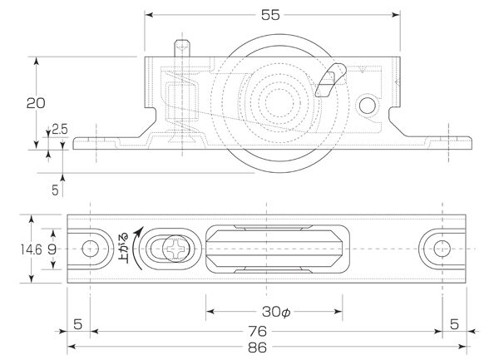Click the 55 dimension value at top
pyautogui.click(x=270, y=15)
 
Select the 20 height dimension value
pyautogui.click(x=36, y=103)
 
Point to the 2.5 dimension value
pyautogui.click(x=60, y=130)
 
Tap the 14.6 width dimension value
pyautogui.click(x=32, y=249)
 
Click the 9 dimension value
pyautogui.click(x=52, y=249)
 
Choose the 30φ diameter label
pyautogui.click(x=276, y=312)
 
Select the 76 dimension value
pyautogui.click(x=258, y=332)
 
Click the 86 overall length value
pyautogui.click(x=257, y=348)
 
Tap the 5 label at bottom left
pyautogui.click(x=77, y=324)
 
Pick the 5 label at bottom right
pyautogui.click(x=454, y=324)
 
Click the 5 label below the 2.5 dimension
pyautogui.click(x=55, y=190)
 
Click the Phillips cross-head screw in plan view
pyautogui.click(x=176, y=249)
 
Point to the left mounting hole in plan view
pyautogui.click(x=90, y=249)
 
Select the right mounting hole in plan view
pyautogui.click(x=442, y=249)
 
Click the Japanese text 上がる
pyautogui.click(x=123, y=249)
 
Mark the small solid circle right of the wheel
pyautogui.click(x=368, y=106)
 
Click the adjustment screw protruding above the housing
pyautogui.click(x=182, y=48)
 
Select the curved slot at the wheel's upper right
pyautogui.click(x=330, y=80)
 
